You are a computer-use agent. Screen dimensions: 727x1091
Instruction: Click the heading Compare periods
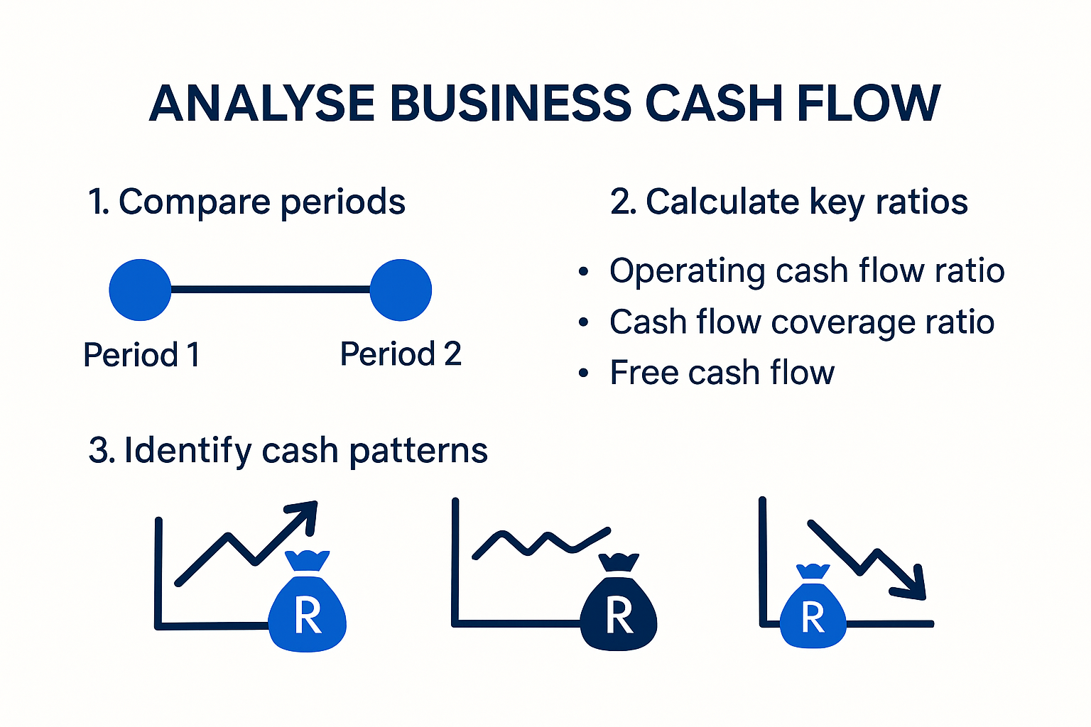tap(246, 202)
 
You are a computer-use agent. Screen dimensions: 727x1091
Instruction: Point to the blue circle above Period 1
tap(140, 290)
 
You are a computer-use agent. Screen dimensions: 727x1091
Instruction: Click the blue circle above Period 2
tap(401, 290)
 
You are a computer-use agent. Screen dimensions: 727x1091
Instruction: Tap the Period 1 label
tap(141, 354)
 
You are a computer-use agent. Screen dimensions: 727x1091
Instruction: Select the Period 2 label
tap(401, 354)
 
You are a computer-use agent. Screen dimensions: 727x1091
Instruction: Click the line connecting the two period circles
tap(270, 290)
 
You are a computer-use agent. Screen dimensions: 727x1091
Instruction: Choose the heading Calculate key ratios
tap(788, 202)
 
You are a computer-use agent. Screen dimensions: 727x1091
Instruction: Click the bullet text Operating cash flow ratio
tap(807, 271)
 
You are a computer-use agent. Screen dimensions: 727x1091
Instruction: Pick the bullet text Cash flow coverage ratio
tap(802, 322)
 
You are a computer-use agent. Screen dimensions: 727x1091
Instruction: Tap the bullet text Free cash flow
tap(722, 373)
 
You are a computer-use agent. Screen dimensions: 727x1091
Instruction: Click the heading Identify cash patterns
tap(288, 451)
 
